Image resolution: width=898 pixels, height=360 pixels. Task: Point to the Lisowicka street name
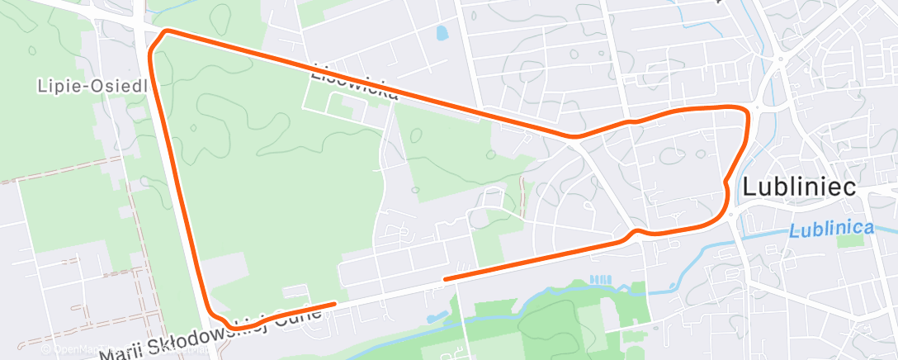point(354,84)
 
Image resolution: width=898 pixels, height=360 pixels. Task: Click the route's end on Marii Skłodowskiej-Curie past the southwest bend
point(334,304)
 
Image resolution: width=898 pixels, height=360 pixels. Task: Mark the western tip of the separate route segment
point(445,279)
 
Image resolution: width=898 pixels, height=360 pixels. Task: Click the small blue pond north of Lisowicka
point(442,33)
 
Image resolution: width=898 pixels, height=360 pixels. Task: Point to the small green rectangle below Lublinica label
point(848,240)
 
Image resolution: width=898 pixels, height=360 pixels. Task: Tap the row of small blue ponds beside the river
point(601,279)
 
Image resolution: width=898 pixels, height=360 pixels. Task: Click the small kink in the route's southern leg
point(635,232)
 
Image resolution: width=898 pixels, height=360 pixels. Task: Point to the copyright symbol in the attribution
point(47,348)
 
